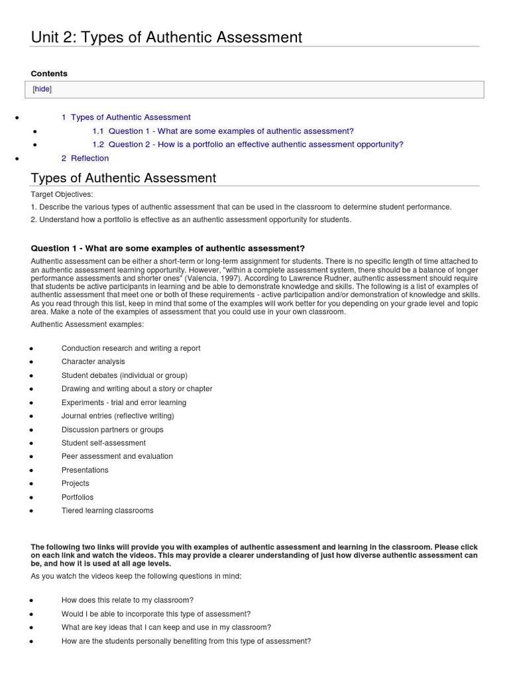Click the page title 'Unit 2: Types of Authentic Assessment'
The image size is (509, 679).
tap(166, 37)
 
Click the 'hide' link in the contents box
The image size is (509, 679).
tap(42, 89)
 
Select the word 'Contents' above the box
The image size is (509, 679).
tap(49, 74)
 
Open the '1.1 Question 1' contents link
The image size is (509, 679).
tap(223, 131)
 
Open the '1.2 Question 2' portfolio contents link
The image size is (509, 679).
tap(247, 145)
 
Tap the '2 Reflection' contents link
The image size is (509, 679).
tap(85, 158)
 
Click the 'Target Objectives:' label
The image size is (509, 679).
tap(62, 194)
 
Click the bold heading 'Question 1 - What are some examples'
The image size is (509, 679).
tap(168, 248)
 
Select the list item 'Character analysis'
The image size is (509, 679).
tap(93, 362)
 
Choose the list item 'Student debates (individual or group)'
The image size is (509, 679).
tap(124, 375)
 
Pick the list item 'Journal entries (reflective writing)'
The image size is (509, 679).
tap(117, 416)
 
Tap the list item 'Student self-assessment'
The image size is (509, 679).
tap(103, 443)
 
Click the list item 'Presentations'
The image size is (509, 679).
tap(85, 470)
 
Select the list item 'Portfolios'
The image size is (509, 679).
tap(78, 497)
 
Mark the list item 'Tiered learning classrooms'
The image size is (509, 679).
tap(107, 511)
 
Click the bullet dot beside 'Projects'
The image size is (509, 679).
tap(32, 485)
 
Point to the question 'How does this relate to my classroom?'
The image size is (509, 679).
tap(127, 600)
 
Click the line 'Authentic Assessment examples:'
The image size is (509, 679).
tap(87, 324)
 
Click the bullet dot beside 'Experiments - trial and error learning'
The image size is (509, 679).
tap(32, 403)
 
